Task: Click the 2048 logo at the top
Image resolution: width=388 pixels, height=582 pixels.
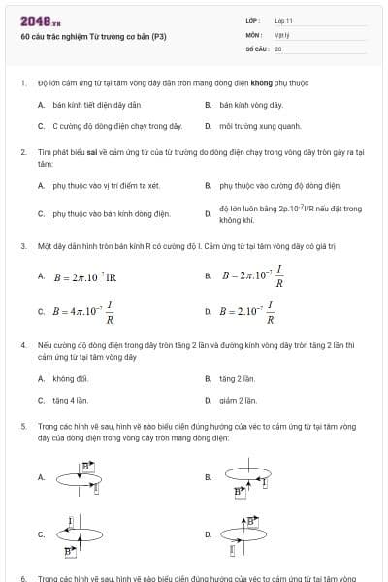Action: (x=40, y=21)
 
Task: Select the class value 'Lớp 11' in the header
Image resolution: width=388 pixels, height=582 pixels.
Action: (x=283, y=20)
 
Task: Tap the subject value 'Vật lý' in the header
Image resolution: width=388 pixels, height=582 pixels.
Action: (x=281, y=34)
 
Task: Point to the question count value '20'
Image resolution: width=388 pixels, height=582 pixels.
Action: (x=278, y=48)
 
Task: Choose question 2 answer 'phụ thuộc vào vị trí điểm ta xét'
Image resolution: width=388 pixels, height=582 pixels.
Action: (x=106, y=184)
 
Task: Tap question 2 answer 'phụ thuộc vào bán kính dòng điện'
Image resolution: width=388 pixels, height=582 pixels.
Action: (x=111, y=213)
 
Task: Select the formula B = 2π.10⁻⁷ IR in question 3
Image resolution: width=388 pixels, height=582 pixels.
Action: (x=84, y=276)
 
